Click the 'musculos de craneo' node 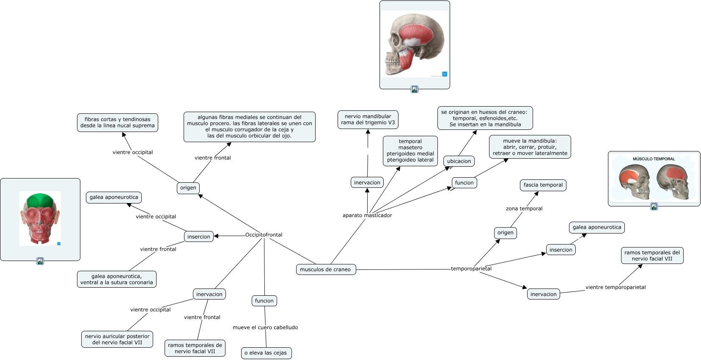coord(325,269)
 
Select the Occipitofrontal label coord(264,235)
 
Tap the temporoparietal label coord(471,269)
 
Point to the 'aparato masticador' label coord(367,215)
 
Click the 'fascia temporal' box coord(543,185)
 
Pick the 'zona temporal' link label coord(524,209)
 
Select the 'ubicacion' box coord(459,161)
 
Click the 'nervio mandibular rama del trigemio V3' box coord(368,120)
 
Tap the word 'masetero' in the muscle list coord(410,148)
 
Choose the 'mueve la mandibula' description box coord(530,147)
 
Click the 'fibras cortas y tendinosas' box coord(118,123)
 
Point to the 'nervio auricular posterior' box coord(117,339)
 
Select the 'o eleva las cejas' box coord(266,353)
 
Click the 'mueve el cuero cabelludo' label coord(265,327)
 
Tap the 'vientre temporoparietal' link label coord(615,287)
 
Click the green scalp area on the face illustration coord(40,199)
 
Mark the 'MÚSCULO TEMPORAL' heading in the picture coord(654,159)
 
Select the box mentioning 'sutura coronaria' coord(116,279)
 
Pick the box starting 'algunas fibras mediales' coord(249,126)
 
